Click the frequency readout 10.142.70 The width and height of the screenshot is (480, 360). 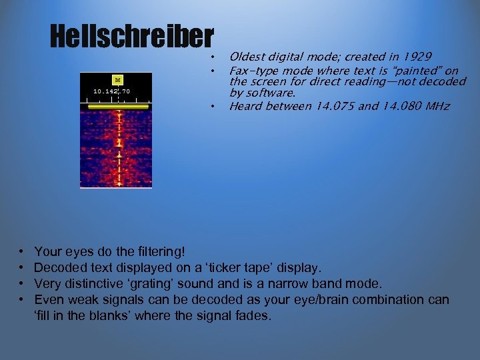tap(111, 90)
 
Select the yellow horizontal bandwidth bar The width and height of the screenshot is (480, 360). tap(117, 105)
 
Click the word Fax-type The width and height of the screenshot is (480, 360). tap(253, 70)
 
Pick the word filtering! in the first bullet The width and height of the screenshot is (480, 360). tap(161, 251)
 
